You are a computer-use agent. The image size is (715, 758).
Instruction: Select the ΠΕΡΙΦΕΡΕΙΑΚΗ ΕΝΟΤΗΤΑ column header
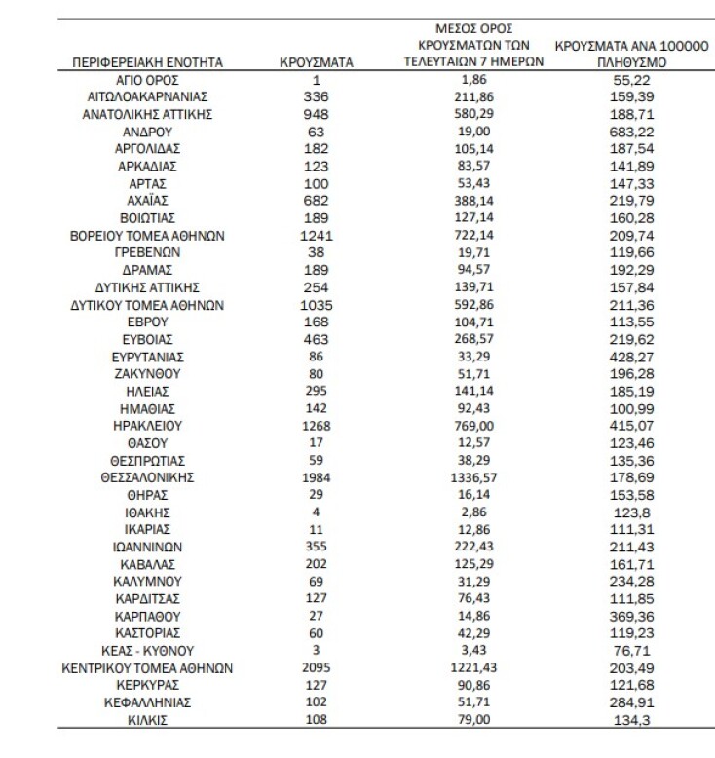click(x=148, y=62)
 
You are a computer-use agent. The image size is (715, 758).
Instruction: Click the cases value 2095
click(x=317, y=668)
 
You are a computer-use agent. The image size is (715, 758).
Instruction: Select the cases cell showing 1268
click(x=317, y=426)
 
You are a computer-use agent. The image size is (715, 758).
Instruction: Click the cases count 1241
click(x=317, y=235)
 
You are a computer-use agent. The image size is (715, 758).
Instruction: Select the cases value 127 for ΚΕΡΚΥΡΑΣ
click(x=317, y=685)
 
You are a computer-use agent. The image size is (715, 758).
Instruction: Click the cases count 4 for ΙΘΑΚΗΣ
click(x=317, y=512)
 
